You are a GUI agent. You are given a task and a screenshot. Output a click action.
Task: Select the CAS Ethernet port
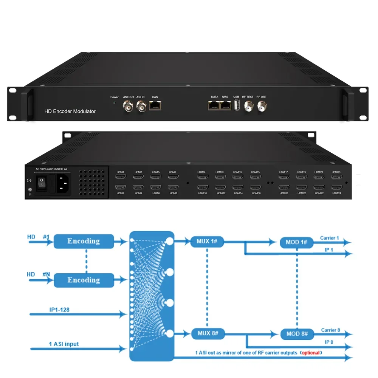pyautogui.click(x=155, y=106)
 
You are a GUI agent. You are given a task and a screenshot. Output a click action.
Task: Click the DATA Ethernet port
pyautogui.click(x=214, y=106)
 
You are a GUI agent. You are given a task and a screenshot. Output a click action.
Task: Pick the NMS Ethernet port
pyautogui.click(x=226, y=106)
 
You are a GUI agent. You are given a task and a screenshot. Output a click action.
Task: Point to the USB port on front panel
pyautogui.click(x=237, y=106)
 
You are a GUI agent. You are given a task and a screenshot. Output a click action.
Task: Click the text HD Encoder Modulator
pyautogui.click(x=70, y=112)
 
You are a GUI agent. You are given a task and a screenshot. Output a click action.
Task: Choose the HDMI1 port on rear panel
pyautogui.click(x=120, y=177)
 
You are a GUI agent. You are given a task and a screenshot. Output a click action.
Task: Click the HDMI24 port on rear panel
pyautogui.click(x=336, y=187)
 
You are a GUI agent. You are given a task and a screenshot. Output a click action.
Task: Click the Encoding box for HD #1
pyautogui.click(x=84, y=241)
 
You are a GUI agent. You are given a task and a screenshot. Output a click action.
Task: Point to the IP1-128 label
pyautogui.click(x=59, y=310)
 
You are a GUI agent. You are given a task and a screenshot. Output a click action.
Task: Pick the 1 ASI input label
pyautogui.click(x=64, y=344)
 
